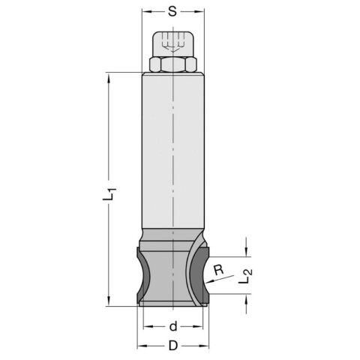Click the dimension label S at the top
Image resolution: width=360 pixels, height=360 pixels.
click(x=172, y=12)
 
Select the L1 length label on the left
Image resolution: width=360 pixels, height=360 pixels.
click(x=109, y=195)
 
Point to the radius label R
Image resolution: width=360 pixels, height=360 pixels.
click(x=217, y=270)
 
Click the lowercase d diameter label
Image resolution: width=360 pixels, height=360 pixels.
click(x=172, y=326)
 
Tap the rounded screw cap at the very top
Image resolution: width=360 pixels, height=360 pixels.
click(x=173, y=43)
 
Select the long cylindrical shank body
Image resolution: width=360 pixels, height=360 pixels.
click(x=173, y=150)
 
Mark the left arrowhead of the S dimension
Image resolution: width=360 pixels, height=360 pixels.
click(x=145, y=12)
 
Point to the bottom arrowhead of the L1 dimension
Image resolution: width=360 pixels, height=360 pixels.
click(x=109, y=303)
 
